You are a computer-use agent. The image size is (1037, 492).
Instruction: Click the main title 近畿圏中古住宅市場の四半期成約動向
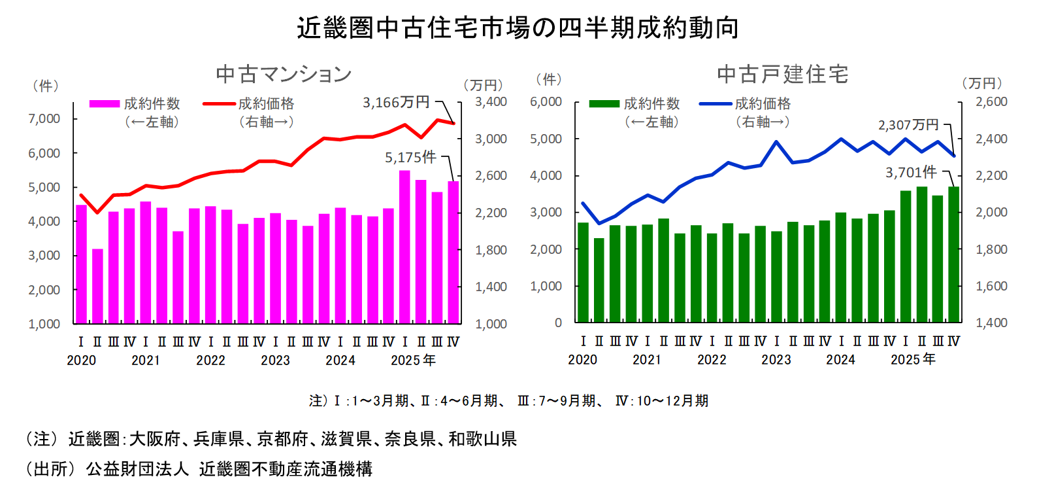click(518, 27)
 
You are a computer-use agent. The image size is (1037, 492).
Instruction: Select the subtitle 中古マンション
click(284, 74)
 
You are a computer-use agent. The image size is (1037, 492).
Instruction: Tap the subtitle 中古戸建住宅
click(782, 74)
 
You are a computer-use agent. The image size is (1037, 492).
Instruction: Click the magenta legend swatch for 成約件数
click(105, 103)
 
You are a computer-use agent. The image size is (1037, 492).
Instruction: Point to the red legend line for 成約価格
click(219, 103)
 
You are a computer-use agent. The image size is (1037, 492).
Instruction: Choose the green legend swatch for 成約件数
click(604, 103)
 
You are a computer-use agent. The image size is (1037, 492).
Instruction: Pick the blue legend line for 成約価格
click(716, 103)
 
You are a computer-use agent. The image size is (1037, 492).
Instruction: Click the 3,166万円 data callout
click(396, 102)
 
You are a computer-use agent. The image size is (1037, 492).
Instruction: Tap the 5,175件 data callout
click(410, 157)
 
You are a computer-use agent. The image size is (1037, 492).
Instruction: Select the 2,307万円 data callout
click(908, 124)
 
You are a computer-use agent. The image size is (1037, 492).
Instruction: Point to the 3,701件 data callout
click(910, 172)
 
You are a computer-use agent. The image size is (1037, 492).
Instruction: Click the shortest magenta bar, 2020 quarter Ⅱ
click(97, 286)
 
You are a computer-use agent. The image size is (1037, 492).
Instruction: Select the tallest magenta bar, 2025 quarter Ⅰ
click(404, 247)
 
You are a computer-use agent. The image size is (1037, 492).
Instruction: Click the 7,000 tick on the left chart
click(44, 118)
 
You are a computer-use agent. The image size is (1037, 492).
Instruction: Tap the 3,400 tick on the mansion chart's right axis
click(491, 101)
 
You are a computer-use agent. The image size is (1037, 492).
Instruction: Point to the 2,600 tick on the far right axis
click(991, 101)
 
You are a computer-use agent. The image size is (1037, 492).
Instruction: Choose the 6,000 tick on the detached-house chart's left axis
click(546, 101)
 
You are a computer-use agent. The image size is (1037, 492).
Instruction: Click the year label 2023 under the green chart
click(776, 360)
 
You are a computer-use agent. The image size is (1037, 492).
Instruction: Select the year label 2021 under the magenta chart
click(145, 360)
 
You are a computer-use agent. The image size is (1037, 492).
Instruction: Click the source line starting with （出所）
click(199, 468)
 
